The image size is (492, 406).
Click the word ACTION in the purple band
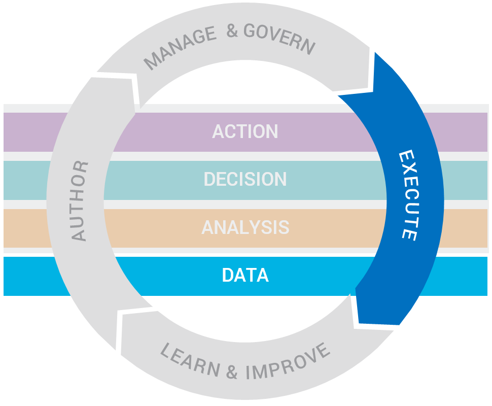tap(245, 132)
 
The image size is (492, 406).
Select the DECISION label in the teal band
tap(245, 179)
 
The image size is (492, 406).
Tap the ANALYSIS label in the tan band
tap(245, 227)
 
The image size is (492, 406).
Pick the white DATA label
tap(245, 275)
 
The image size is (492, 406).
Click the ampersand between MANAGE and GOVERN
tap(232, 31)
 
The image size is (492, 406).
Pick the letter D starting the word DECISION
tap(209, 179)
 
